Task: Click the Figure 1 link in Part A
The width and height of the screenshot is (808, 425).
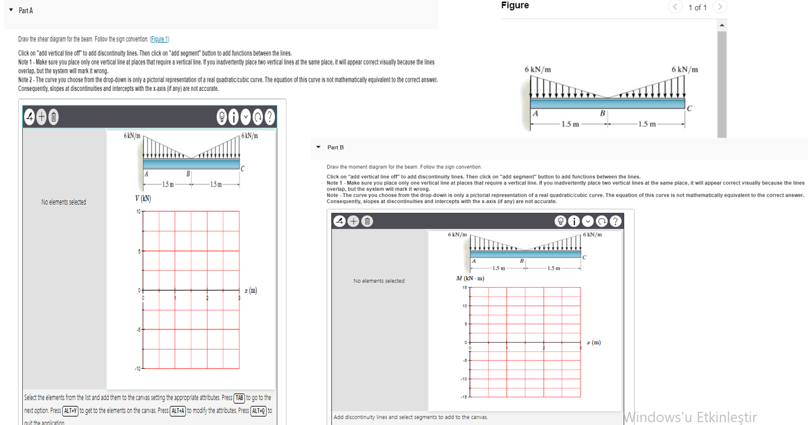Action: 159,39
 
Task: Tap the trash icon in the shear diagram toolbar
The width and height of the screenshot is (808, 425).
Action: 53,117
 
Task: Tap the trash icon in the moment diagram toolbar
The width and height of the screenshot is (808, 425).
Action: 367,221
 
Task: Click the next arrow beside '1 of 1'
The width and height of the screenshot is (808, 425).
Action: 721,7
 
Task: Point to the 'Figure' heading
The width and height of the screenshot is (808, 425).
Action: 515,6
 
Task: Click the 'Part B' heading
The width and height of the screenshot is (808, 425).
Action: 336,148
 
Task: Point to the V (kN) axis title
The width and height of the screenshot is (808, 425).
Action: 143,198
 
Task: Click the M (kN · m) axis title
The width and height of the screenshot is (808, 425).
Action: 470,279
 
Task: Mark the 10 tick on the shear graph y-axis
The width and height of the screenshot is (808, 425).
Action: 137,212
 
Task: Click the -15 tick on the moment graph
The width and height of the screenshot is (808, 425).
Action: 464,397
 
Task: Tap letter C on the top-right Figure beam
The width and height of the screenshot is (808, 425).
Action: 690,109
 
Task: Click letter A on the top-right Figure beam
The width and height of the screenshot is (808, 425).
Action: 536,113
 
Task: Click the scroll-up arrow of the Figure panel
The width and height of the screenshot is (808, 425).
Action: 722,25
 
